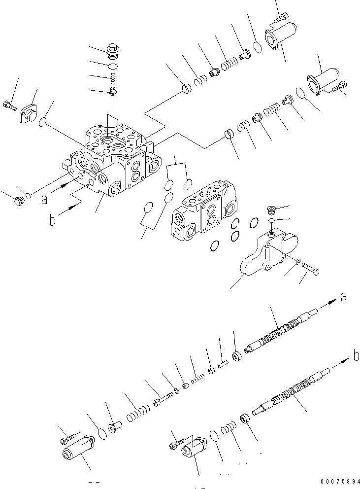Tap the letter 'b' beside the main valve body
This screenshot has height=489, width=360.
click(x=53, y=220)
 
